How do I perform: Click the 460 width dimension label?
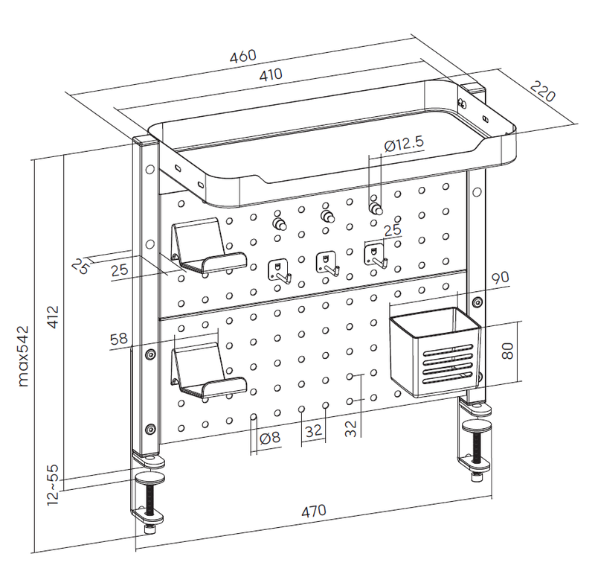[x=243, y=57]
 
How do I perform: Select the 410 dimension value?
[x=271, y=74]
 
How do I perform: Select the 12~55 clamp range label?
[x=53, y=485]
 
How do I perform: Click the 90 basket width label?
[x=499, y=278]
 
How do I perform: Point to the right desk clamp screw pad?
[x=477, y=427]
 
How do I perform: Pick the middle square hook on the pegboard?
[x=326, y=264]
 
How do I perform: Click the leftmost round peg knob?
[x=280, y=222]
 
